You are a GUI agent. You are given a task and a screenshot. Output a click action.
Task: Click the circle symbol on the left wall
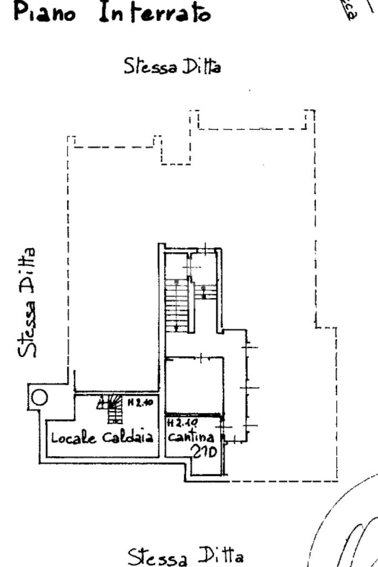[x=39, y=397]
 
